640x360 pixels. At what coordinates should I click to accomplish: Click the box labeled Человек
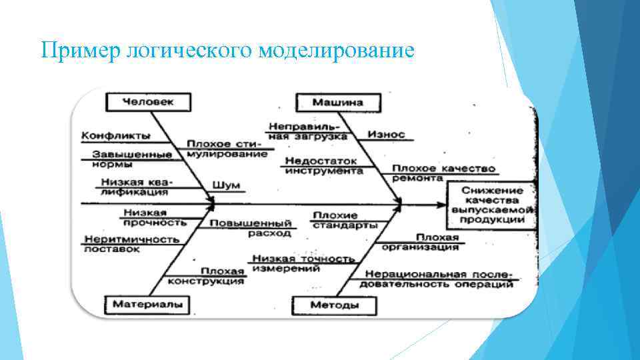[x=148, y=102]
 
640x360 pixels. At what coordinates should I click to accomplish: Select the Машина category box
[x=339, y=103]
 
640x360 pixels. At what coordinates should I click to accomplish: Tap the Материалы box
[x=147, y=304]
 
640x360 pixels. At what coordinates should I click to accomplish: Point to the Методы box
[x=335, y=305]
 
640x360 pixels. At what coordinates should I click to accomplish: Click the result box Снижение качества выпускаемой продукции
[x=492, y=205]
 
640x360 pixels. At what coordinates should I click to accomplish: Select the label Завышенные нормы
[x=128, y=159]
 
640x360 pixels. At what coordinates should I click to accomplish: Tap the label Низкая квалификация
[x=134, y=186]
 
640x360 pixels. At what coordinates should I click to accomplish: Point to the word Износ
[x=386, y=134]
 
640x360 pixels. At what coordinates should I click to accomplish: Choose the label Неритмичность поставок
[x=131, y=243]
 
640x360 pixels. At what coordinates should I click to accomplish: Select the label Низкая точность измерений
[x=301, y=263]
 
